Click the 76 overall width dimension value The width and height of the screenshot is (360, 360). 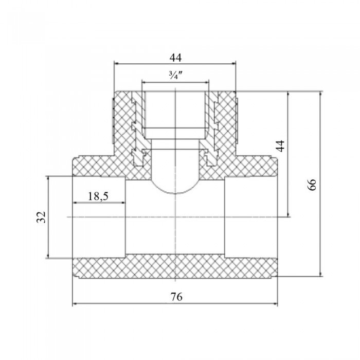176,297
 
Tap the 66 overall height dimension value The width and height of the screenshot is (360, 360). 312,185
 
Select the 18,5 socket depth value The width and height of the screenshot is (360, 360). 98,196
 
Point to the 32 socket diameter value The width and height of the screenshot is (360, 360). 41,217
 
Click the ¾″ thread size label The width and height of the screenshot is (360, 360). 176,75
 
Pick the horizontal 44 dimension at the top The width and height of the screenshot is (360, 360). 176,58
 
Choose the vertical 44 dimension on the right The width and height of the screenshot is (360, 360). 280,146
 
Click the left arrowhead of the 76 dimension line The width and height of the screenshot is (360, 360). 75,304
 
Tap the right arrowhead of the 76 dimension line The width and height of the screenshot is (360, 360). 275,304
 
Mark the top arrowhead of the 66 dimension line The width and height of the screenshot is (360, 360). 320,94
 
